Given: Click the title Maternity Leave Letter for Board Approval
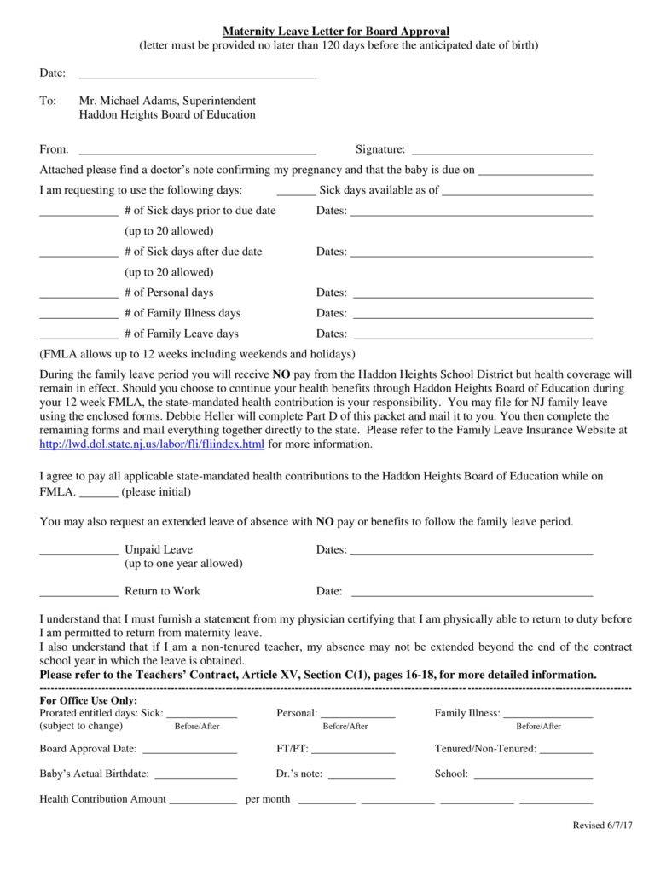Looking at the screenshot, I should point(336,31).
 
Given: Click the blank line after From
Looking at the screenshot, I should point(197,153).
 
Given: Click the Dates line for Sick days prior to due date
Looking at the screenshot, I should point(472,214).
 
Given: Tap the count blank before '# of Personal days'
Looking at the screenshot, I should point(78,296).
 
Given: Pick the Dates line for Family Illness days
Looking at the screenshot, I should point(472,316).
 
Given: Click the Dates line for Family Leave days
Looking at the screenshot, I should point(472,337).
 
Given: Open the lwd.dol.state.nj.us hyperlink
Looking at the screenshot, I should point(152,444).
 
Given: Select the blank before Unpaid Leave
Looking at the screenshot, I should point(78,554).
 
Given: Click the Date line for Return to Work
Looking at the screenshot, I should point(472,594).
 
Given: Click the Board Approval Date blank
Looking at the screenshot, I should point(188,753).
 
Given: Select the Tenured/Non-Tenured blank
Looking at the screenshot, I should point(566,753).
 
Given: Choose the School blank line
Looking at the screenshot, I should point(532,778).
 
